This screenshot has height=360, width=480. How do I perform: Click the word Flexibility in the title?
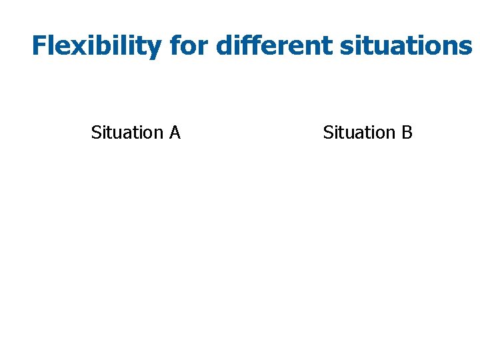coord(96,46)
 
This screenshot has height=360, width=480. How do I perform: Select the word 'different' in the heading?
coord(275,46)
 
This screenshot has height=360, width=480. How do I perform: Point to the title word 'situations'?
coord(405,46)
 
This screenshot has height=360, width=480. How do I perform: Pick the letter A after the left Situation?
coord(175,133)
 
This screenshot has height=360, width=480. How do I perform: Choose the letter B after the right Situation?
coord(407,133)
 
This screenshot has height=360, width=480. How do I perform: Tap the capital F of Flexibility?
coord(39,46)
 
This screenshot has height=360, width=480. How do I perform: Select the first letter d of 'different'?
coord(225,46)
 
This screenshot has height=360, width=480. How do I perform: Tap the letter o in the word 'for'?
coord(189,48)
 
